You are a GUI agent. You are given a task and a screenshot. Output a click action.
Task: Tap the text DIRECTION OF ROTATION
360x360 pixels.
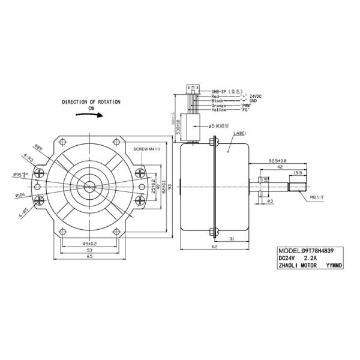click(91, 103)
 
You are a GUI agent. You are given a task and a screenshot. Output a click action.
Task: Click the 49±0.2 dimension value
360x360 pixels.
click(89, 244)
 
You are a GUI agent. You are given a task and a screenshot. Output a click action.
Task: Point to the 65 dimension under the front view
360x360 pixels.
click(88, 256)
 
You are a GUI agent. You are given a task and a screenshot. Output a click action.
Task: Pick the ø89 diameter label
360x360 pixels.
click(38, 147)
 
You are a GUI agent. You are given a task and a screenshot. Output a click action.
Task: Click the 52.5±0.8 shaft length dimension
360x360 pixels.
click(277, 161)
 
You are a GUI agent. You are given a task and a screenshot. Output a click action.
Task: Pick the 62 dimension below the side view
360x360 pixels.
click(214, 247)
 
